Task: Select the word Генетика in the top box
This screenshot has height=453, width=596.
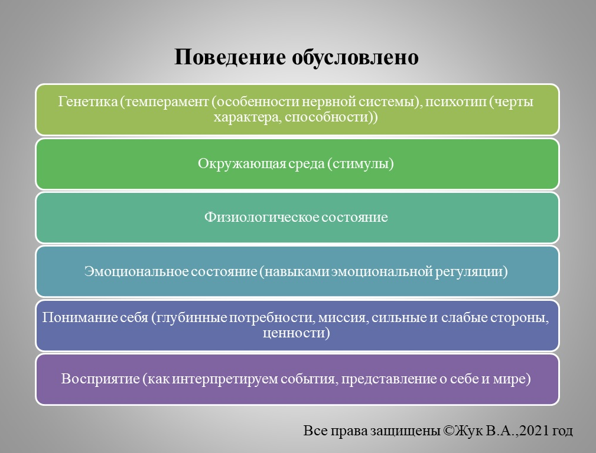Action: click(x=87, y=102)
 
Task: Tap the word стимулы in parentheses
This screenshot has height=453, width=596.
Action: click(x=361, y=164)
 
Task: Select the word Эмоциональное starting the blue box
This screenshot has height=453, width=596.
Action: click(x=135, y=272)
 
